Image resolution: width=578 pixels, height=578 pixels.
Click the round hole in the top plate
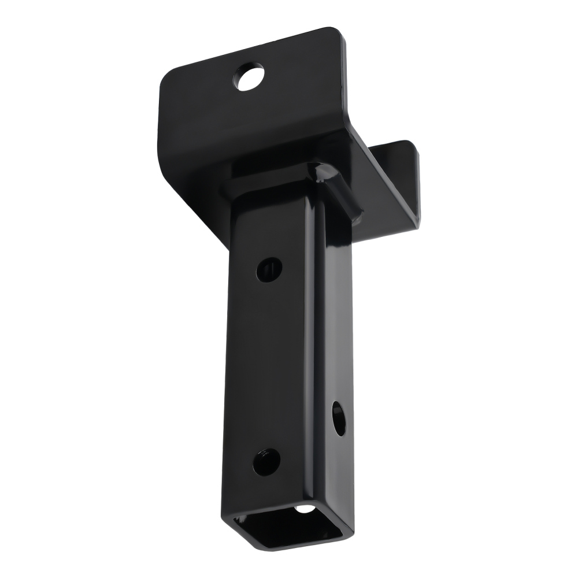(249, 77)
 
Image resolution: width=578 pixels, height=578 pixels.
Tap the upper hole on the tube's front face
(269, 269)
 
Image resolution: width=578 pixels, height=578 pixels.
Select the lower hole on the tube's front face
(266, 462)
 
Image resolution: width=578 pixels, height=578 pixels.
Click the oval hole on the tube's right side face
(338, 418)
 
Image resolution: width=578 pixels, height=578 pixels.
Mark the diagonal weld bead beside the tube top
(338, 191)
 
